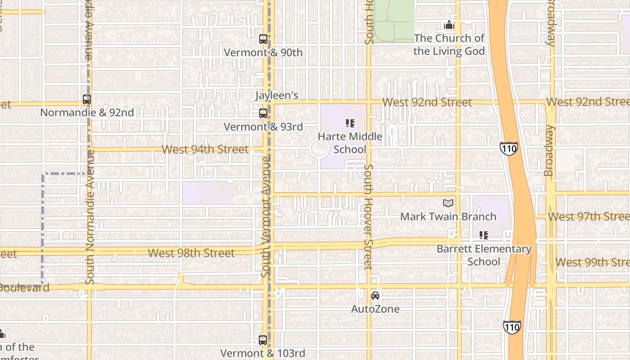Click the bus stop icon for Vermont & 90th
click(x=263, y=39)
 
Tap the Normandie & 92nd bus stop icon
click(x=87, y=99)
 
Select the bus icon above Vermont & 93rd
click(x=263, y=113)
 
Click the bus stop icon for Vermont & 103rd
click(x=263, y=340)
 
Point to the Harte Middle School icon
click(x=350, y=123)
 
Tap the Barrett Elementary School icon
click(x=484, y=235)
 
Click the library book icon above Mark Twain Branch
click(x=448, y=203)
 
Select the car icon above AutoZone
click(x=375, y=296)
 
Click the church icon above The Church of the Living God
click(x=449, y=25)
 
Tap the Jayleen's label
click(x=277, y=95)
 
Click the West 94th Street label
click(x=205, y=149)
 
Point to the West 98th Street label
click(x=191, y=253)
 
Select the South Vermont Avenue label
click(x=266, y=216)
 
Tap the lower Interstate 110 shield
click(x=512, y=327)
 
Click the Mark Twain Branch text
click(x=448, y=216)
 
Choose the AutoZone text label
click(x=375, y=309)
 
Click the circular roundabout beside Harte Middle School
click(x=319, y=148)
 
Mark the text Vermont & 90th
click(x=263, y=53)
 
